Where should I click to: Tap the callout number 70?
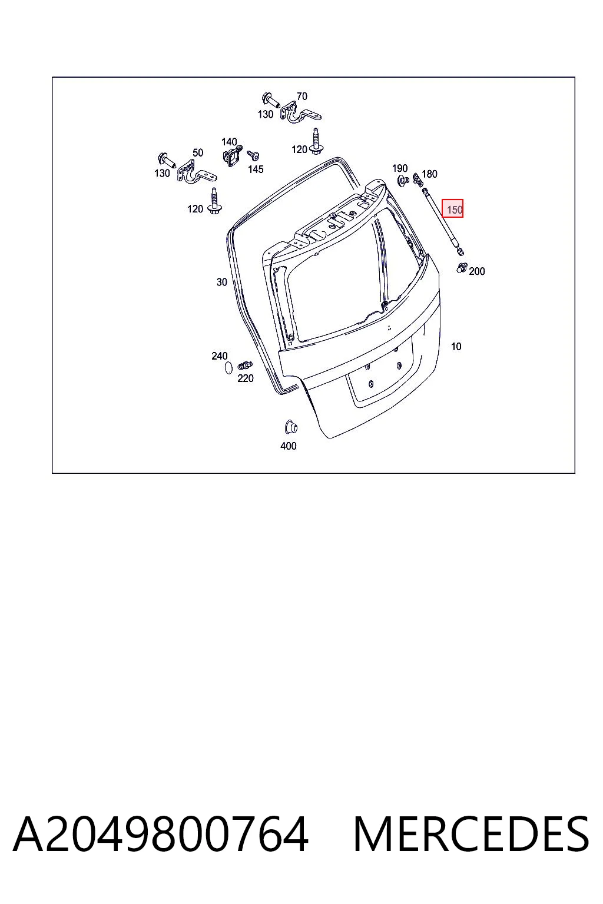pyautogui.click(x=301, y=97)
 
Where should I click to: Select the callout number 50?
pyautogui.click(x=197, y=153)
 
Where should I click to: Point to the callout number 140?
pyautogui.click(x=229, y=142)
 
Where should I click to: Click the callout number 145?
pyautogui.click(x=256, y=169)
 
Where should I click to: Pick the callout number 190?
pyautogui.click(x=400, y=168)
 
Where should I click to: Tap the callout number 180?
pyautogui.click(x=429, y=174)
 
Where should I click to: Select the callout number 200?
pyautogui.click(x=476, y=271)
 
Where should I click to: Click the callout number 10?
pyautogui.click(x=456, y=347)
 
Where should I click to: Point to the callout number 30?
pyautogui.click(x=222, y=282)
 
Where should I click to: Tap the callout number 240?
pyautogui.click(x=219, y=356)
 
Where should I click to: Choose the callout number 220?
pyautogui.click(x=245, y=378)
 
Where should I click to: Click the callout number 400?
pyautogui.click(x=289, y=446)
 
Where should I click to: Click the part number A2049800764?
pyautogui.click(x=161, y=835)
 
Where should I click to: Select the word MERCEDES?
pyautogui.click(x=471, y=835)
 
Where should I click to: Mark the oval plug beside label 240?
pyautogui.click(x=228, y=368)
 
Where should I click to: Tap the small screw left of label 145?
pyautogui.click(x=253, y=155)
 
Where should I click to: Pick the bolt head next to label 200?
pyautogui.click(x=462, y=268)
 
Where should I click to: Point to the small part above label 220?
pyautogui.click(x=245, y=365)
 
